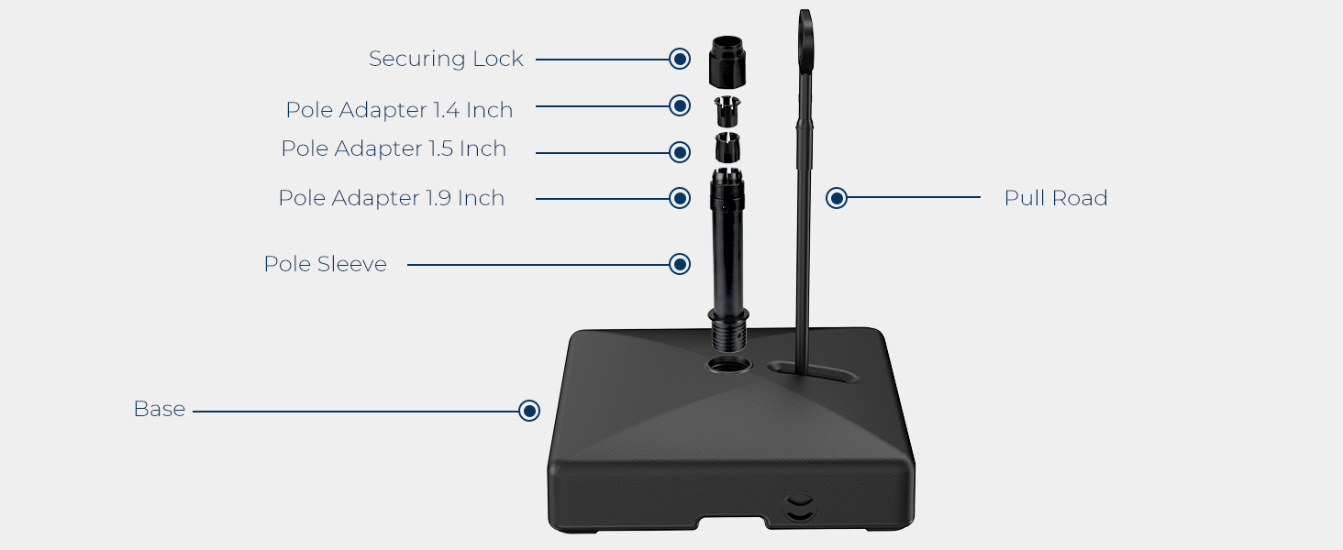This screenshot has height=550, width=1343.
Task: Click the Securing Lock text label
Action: pyautogui.click(x=446, y=59)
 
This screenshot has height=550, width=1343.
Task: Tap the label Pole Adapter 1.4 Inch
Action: pyautogui.click(x=399, y=110)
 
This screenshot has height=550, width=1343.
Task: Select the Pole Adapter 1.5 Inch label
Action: pyautogui.click(x=394, y=148)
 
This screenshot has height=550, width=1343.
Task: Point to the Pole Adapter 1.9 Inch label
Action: pyautogui.click(x=392, y=198)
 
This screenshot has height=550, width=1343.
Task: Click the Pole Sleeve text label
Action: pyautogui.click(x=326, y=264)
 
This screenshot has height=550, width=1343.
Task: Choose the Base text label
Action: pyautogui.click(x=160, y=409)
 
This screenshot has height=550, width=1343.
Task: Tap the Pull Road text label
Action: pyautogui.click(x=1056, y=198)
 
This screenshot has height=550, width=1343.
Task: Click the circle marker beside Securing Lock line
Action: pyautogui.click(x=679, y=59)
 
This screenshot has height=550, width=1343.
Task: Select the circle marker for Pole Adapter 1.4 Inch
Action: pyautogui.click(x=679, y=105)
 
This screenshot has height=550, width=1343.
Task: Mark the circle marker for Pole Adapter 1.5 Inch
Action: pyautogui.click(x=679, y=152)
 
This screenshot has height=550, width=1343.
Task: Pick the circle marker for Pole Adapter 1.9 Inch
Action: pyautogui.click(x=679, y=198)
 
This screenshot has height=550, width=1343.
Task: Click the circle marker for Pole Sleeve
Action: pyautogui.click(x=679, y=264)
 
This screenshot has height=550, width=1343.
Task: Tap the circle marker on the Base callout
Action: pyautogui.click(x=528, y=411)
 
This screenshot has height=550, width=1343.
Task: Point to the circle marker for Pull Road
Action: pyautogui.click(x=837, y=198)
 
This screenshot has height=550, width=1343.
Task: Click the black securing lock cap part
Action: pyautogui.click(x=727, y=61)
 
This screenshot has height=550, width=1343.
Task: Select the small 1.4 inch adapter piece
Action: pyautogui.click(x=727, y=110)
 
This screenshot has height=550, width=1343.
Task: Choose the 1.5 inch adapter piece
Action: pyautogui.click(x=727, y=148)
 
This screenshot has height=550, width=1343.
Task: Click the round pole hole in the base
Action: pyautogui.click(x=728, y=364)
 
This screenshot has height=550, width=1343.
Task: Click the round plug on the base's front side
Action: pyautogui.click(x=800, y=506)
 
